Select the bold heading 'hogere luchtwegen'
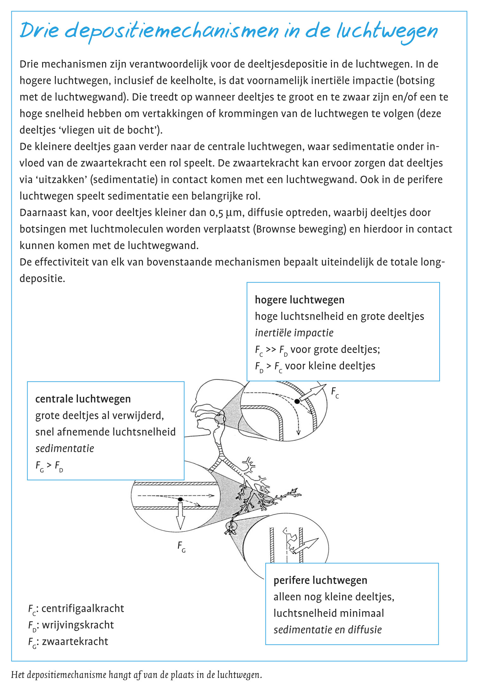pos(299,300)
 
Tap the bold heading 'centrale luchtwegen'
pos(83,399)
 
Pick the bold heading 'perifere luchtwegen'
pos(320,580)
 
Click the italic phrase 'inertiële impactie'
pos(294,333)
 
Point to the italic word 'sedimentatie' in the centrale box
pos(65,448)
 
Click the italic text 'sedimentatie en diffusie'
pos(328,630)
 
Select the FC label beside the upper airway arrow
pos(335,393)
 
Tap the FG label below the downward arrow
pos(181,546)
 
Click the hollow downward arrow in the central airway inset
pos(180,517)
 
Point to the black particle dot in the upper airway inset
pos(297,401)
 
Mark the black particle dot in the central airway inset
pos(180,499)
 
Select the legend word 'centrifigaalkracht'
pos(83,608)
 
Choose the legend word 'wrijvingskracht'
pos(78,625)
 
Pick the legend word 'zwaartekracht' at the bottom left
pos(75,641)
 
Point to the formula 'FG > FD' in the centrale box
pos(49,465)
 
